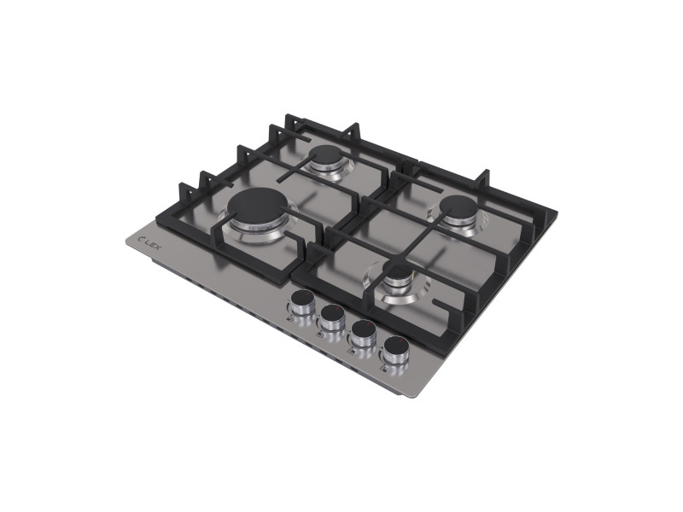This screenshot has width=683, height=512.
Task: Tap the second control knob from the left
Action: (x=332, y=319)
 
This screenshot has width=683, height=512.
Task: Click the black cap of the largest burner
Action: (x=258, y=205)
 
